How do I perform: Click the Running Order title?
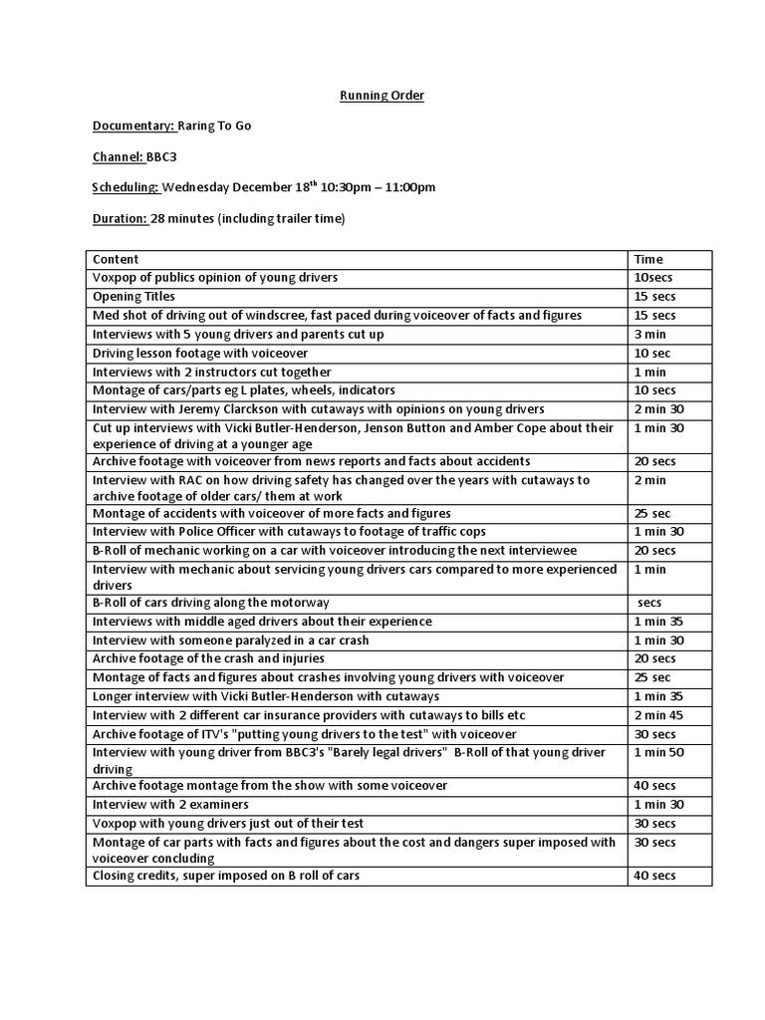[x=382, y=96]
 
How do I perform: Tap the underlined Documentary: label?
[x=133, y=126]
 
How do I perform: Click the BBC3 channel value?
[x=161, y=156]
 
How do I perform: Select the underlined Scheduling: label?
[x=126, y=187]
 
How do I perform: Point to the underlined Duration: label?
[x=120, y=218]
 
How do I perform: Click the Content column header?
[x=116, y=259]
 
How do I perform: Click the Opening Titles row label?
[x=133, y=297]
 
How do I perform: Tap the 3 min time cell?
[x=649, y=335]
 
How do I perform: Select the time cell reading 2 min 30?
[x=658, y=409]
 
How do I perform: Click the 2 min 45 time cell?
[x=658, y=715]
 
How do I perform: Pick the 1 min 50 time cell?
[x=658, y=752]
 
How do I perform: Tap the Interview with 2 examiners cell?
[x=170, y=804]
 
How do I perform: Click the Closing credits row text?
[x=226, y=876]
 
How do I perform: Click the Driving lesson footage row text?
[x=200, y=353]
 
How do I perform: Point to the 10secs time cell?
[x=653, y=278]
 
